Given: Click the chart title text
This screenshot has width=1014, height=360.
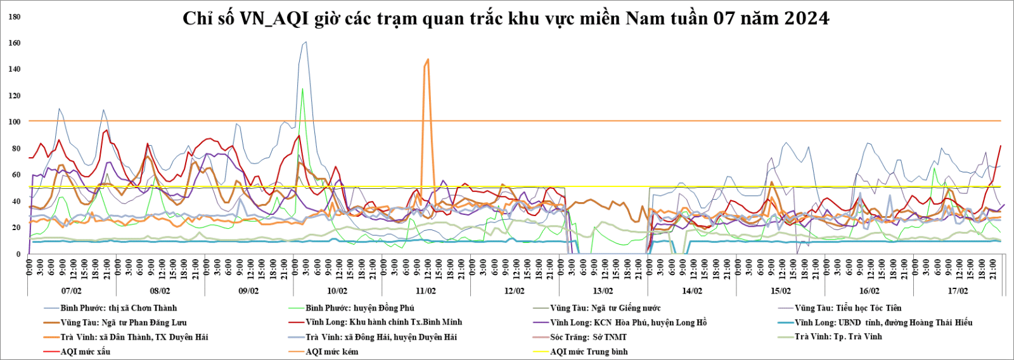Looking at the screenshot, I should [506, 18].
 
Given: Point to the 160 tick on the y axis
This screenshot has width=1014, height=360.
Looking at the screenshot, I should [14, 43].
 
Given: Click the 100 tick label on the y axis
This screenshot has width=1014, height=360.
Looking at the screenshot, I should [14, 122].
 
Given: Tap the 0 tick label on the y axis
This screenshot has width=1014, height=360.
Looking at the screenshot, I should [18, 254].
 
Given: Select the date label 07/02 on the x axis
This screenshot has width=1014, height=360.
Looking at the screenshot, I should [71, 291].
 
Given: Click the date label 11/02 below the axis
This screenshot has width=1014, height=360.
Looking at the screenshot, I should [426, 291].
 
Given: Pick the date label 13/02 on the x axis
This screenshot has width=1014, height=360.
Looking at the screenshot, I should [603, 291].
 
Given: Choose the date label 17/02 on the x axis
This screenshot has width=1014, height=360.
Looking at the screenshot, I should [958, 291].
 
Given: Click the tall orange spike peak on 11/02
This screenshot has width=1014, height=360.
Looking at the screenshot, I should [428, 60].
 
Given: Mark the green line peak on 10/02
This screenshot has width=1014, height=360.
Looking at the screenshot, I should [302, 89].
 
